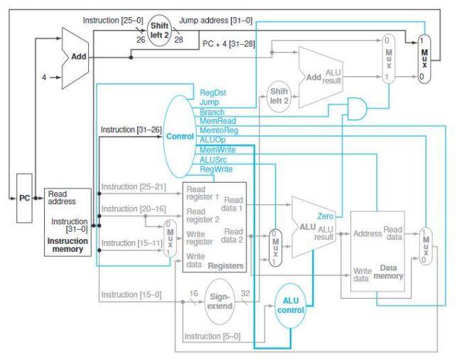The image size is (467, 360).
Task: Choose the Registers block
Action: [213, 227]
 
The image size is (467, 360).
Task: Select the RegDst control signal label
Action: [213, 92]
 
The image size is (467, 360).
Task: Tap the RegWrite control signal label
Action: [215, 169]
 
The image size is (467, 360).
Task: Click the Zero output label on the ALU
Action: [325, 214]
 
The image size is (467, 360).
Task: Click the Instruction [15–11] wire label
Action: [127, 243]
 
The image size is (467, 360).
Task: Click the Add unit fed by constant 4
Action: [75, 58]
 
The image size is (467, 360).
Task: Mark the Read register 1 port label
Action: [202, 193]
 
